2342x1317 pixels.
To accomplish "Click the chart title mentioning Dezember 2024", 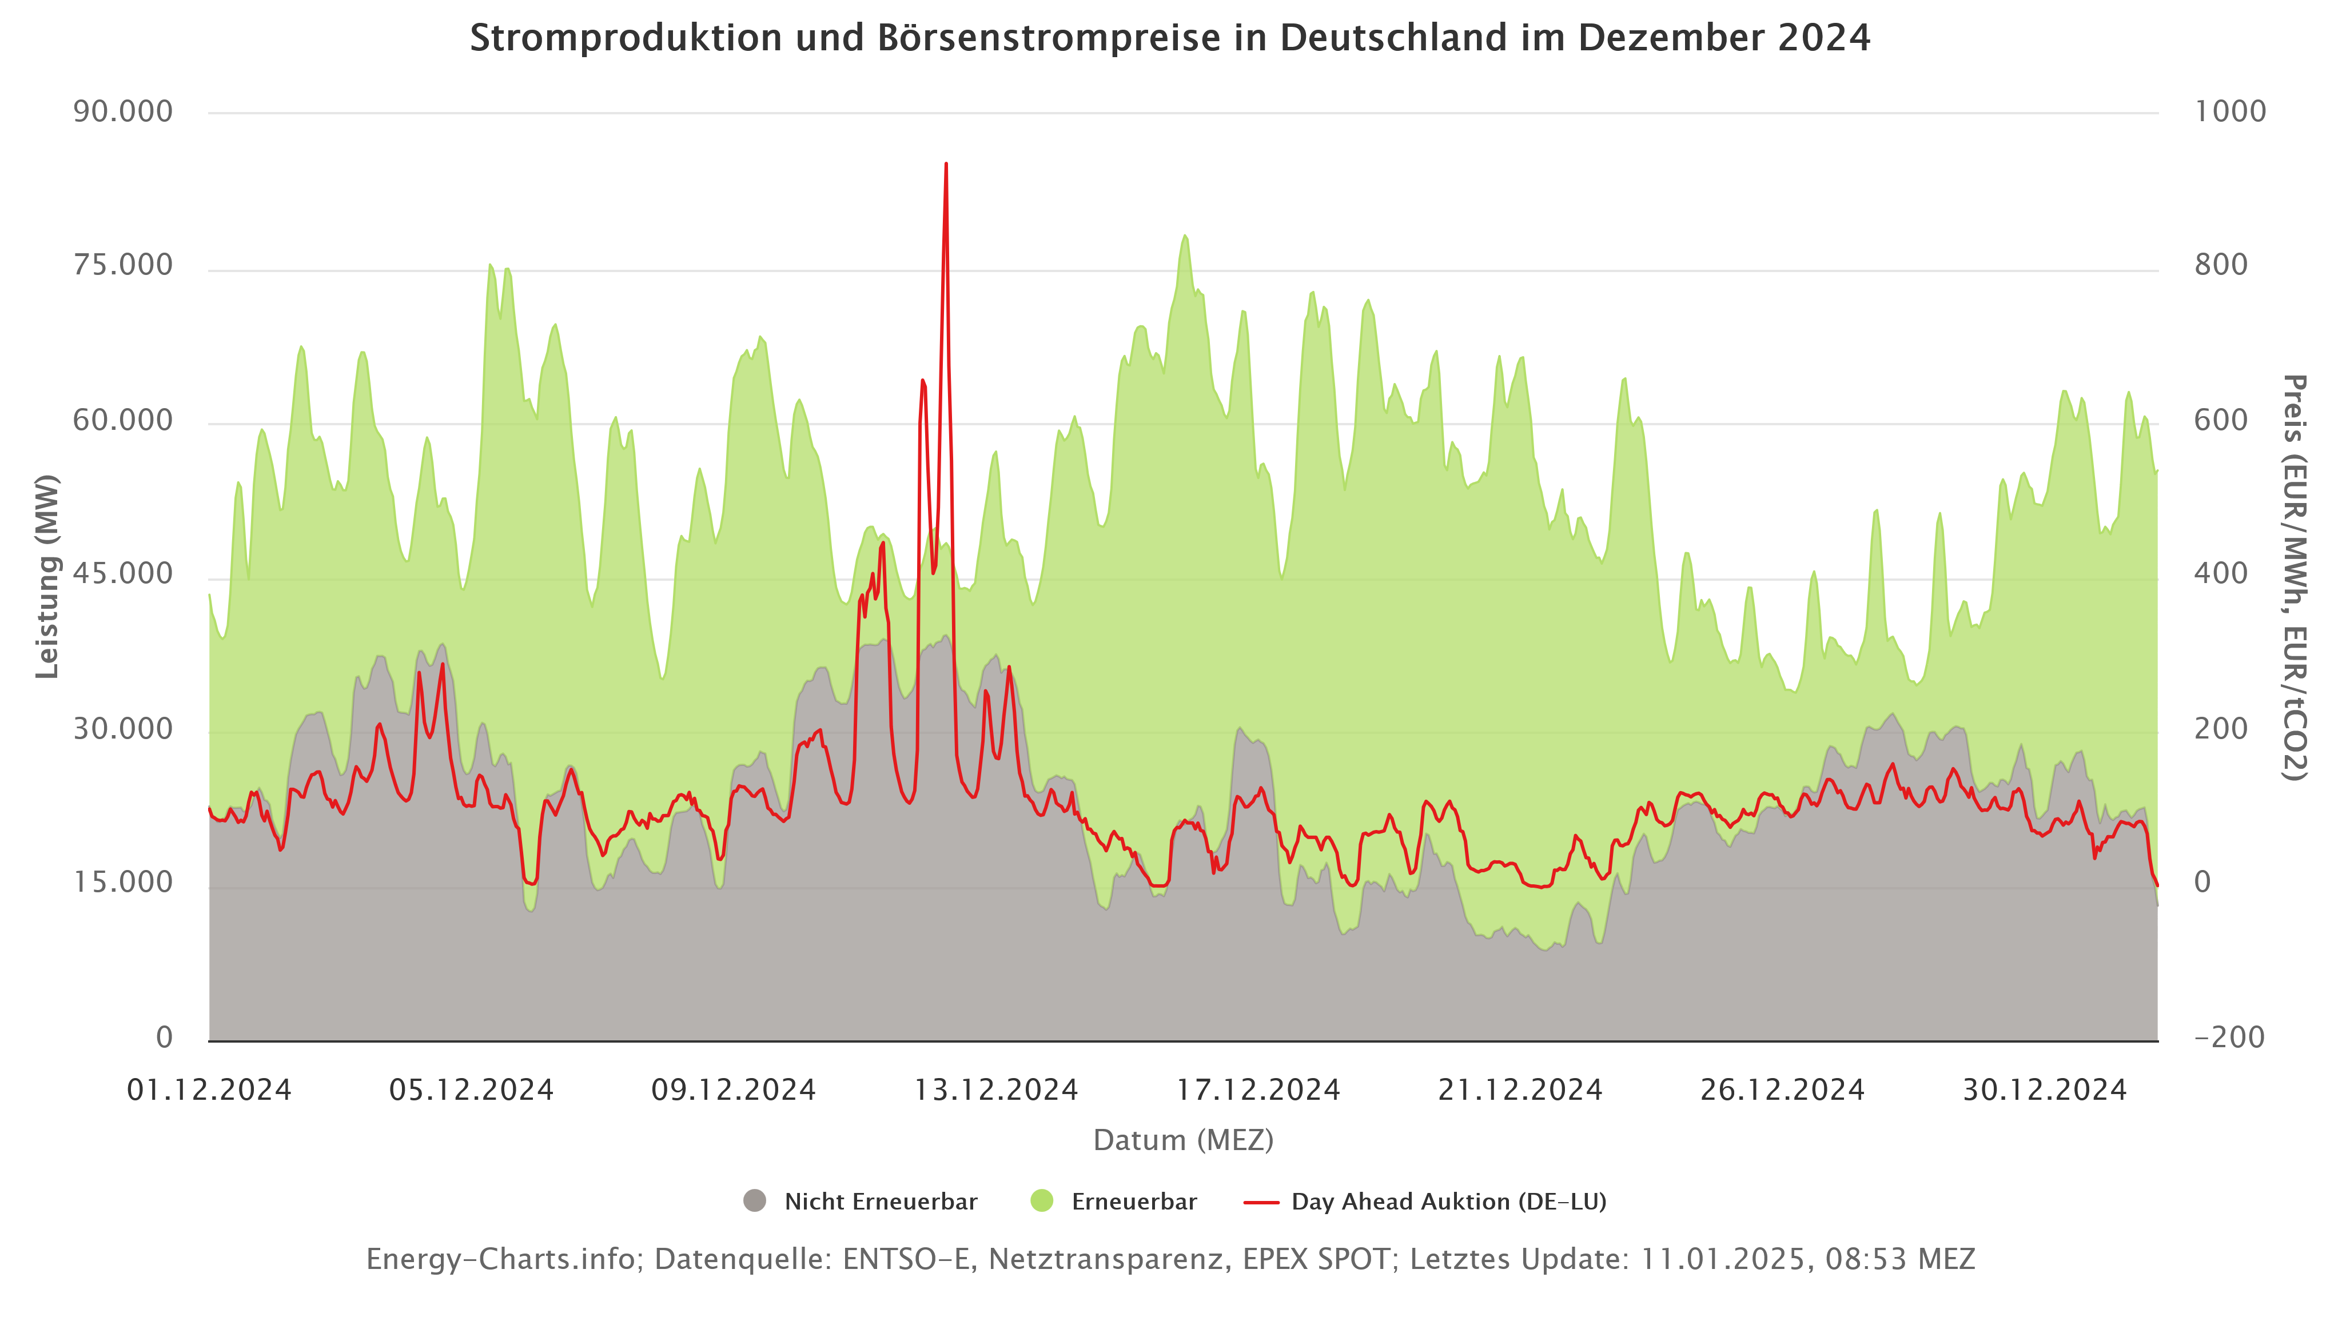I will coord(1169,38).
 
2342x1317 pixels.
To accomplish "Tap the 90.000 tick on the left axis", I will coord(123,112).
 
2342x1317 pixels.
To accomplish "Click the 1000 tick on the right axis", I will coord(2230,112).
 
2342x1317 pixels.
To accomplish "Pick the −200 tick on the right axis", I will coord(2229,1036).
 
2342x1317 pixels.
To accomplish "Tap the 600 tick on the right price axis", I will coord(2221,420).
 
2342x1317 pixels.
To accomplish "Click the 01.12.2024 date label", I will coord(209,1089).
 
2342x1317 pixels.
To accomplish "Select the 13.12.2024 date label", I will coord(995,1089).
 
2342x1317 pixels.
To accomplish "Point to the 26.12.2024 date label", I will coord(1782,1089).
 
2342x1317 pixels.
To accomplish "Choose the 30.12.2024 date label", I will coord(2045,1089).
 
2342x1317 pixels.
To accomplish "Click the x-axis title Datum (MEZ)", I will coord(1183,1140).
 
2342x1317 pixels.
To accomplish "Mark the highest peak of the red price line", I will coord(946,165).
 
